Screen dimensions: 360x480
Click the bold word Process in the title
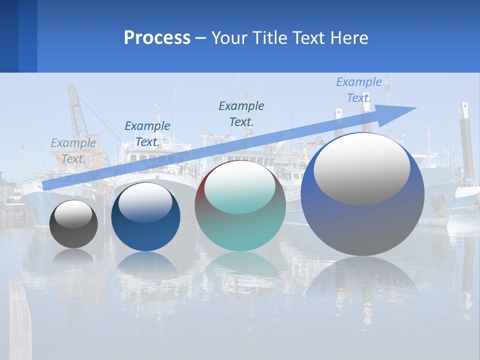tap(157, 37)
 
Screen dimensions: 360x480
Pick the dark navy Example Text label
tap(147, 134)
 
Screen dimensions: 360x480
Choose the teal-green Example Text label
tap(241, 113)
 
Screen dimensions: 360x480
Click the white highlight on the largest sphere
tap(361, 168)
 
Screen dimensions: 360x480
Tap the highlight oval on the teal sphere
tap(239, 188)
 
